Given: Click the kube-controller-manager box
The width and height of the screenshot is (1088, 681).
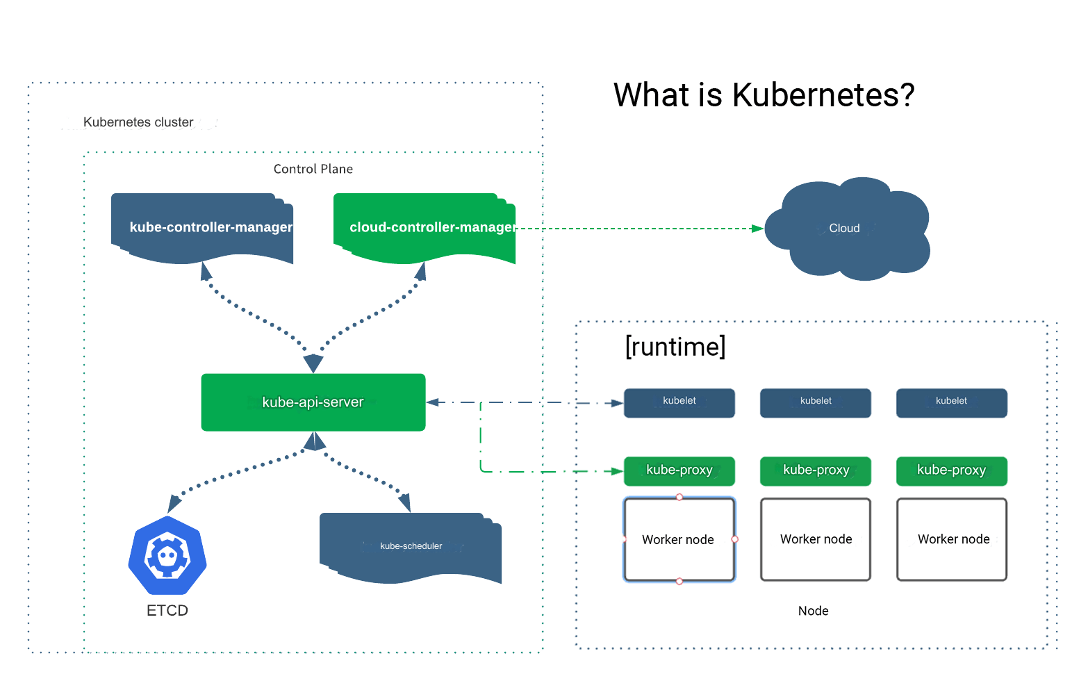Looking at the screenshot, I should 202,228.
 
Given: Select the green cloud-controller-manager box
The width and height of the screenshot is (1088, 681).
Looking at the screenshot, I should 425,228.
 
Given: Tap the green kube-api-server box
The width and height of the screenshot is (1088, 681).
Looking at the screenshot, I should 313,402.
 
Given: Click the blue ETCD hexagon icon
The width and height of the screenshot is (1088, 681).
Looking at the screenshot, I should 167,555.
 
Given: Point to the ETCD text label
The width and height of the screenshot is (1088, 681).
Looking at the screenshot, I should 167,610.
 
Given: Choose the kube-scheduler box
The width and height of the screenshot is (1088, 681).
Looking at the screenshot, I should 411,547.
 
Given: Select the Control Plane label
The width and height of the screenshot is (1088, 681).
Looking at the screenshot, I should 313,169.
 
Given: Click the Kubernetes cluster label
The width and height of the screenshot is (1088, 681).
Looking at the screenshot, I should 138,122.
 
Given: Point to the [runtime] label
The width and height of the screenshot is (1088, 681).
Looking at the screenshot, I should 675,346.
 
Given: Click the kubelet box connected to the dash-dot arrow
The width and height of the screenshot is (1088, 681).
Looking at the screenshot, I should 679,403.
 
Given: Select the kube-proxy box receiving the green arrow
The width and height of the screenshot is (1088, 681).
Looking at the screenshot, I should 679,471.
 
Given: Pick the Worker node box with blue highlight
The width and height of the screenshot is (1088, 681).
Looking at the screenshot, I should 679,539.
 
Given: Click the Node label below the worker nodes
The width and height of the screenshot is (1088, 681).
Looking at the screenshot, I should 813,611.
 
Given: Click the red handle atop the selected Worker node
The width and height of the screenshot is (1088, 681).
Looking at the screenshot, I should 679,497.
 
